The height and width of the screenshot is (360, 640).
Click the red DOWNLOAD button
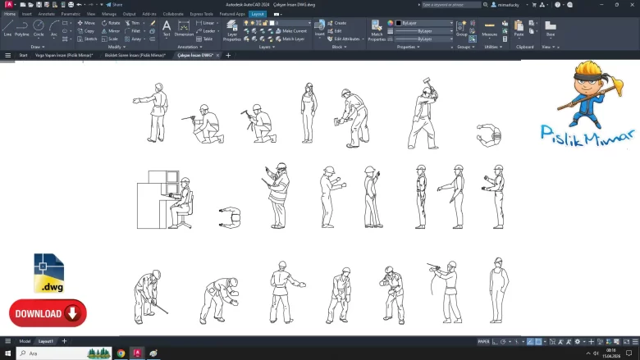click(48, 312)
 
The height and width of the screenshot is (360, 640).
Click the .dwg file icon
click(48, 273)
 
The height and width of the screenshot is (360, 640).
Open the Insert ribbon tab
click(27, 14)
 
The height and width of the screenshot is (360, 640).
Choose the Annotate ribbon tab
click(47, 14)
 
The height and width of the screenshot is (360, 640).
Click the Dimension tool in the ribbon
click(184, 31)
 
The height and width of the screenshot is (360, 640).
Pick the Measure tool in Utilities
click(490, 31)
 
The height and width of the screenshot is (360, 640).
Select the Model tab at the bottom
click(25, 340)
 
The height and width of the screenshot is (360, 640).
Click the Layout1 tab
click(46, 340)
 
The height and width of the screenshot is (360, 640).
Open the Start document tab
click(23, 55)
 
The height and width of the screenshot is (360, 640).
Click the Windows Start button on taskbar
click(7, 353)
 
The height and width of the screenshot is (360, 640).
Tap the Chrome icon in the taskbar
click(121, 353)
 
